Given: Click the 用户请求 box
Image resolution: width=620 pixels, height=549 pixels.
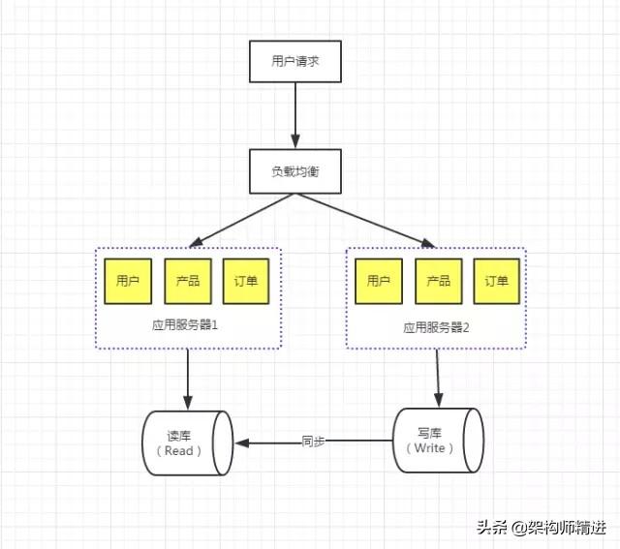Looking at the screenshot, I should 292,62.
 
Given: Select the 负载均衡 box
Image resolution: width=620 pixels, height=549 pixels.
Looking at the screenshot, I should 292,170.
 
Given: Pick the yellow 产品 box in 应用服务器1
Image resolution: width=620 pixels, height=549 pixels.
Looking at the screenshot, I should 188,281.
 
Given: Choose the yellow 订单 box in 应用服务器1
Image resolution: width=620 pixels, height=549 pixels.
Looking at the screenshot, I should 247,281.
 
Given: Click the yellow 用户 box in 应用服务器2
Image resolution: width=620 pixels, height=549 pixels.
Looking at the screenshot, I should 379,281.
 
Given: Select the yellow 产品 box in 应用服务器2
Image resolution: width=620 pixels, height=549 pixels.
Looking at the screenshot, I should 438,281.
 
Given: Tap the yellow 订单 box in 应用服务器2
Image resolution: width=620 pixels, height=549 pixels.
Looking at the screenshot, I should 496,281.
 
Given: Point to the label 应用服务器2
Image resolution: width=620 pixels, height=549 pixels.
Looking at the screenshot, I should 437,327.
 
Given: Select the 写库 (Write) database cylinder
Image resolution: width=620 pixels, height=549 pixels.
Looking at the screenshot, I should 437,441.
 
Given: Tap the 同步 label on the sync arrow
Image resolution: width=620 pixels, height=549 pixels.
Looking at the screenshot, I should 313,442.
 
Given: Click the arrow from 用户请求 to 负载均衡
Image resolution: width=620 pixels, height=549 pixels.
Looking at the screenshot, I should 292,116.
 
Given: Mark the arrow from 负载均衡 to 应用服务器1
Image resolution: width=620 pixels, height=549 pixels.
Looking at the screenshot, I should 242,218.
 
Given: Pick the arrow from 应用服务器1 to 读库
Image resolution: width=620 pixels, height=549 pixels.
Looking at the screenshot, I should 188,379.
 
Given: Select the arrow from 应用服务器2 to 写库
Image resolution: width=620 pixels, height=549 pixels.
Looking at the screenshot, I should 438,378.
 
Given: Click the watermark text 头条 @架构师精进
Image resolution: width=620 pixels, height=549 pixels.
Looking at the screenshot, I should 541,528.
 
